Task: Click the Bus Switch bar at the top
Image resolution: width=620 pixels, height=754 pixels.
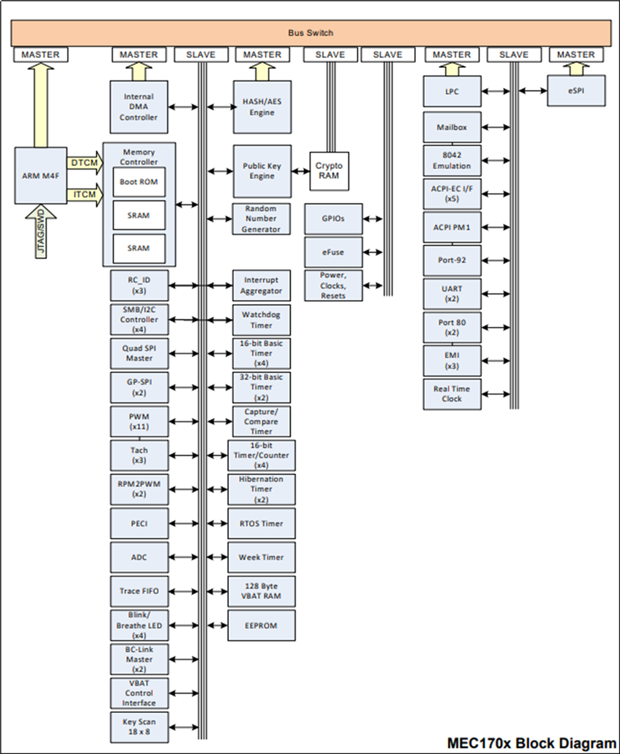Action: coord(311,33)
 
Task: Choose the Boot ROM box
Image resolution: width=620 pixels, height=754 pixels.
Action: coord(139,182)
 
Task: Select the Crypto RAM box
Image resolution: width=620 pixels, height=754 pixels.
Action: coord(329,171)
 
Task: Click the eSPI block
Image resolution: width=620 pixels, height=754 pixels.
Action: coord(576,91)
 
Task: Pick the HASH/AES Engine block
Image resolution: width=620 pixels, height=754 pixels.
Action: coord(262,107)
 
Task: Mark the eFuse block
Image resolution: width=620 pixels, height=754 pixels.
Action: coord(333,253)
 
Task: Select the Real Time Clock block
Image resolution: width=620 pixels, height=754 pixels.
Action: coord(451,394)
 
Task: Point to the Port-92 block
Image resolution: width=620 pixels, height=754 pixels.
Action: coord(451,259)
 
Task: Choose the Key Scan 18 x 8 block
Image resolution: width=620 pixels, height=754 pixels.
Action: coord(139,728)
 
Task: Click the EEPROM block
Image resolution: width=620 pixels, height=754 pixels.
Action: coord(261,625)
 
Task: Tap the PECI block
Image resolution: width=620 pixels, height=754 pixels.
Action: coord(139,523)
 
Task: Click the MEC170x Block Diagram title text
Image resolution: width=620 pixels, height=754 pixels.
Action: coord(532,743)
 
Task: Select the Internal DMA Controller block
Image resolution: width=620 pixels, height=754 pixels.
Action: coord(139,107)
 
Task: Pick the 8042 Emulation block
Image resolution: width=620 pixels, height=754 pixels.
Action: coord(451,161)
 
